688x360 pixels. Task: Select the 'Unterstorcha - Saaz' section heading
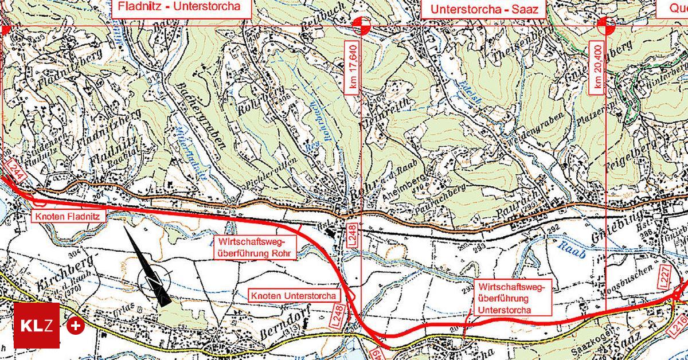[x=484, y=10]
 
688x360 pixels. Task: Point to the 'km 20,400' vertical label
[x=598, y=66]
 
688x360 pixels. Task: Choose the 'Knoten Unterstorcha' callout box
[x=294, y=296]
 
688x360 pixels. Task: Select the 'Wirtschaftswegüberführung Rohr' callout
[x=256, y=248]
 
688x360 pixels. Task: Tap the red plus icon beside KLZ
[x=76, y=326]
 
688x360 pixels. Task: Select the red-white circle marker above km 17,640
[x=361, y=26]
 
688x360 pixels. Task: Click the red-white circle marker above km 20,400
[x=606, y=26]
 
